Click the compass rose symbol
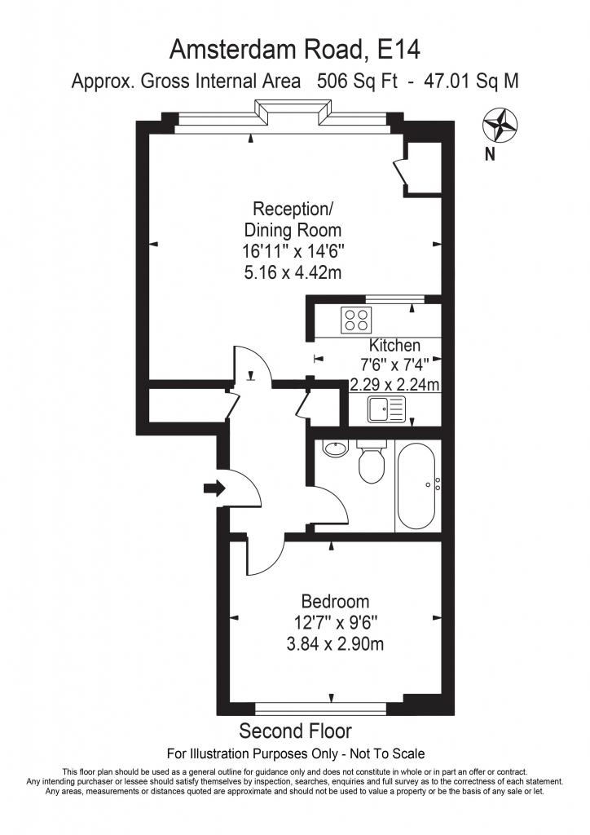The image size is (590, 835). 500,125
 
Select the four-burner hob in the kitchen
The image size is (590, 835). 356,320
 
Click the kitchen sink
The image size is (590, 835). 385,409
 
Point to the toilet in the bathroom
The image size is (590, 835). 372,462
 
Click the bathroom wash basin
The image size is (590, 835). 335,448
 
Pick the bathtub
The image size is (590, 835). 417,486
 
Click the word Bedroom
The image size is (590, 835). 335,602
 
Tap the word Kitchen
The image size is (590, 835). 394,346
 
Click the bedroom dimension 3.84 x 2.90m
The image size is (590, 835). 335,644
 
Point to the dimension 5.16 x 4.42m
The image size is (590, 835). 293,272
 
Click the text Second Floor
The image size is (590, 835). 295,731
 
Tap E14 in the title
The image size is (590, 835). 398,50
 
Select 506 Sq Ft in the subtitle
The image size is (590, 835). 357,82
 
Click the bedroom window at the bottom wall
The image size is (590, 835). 321,709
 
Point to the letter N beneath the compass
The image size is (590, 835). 490,154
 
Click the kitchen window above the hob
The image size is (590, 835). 395,299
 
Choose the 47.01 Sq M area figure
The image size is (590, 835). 471,82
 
